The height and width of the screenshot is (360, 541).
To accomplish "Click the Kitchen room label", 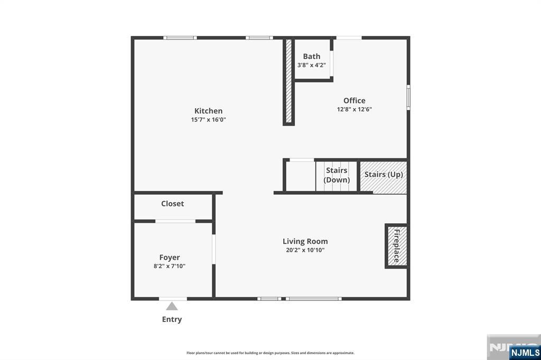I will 208,111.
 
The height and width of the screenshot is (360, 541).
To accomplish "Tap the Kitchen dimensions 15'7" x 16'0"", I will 208,120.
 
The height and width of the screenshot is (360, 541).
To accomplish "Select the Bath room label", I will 311,56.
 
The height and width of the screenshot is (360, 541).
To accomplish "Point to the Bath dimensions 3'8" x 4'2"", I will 311,65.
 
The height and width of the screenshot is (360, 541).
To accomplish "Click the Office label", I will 354,101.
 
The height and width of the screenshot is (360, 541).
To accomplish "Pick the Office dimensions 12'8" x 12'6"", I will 354,110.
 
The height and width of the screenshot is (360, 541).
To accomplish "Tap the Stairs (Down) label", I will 337,175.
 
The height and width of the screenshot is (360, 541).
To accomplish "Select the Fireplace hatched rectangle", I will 396,246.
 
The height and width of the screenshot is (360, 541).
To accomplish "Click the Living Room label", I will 305,241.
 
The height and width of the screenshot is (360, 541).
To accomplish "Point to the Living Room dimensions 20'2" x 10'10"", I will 305,250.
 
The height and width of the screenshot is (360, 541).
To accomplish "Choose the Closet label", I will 172,204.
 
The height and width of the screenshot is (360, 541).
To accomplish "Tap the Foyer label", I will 170,258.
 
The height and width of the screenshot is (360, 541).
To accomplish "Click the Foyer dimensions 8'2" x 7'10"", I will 170,267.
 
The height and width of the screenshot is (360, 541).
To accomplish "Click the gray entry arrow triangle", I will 172,306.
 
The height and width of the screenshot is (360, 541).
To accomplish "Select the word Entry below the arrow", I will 172,319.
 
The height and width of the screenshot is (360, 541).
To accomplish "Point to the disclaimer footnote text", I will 270,353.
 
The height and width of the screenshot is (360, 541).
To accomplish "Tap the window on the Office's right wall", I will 408,97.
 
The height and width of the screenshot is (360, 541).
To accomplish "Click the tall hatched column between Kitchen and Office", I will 288,81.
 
